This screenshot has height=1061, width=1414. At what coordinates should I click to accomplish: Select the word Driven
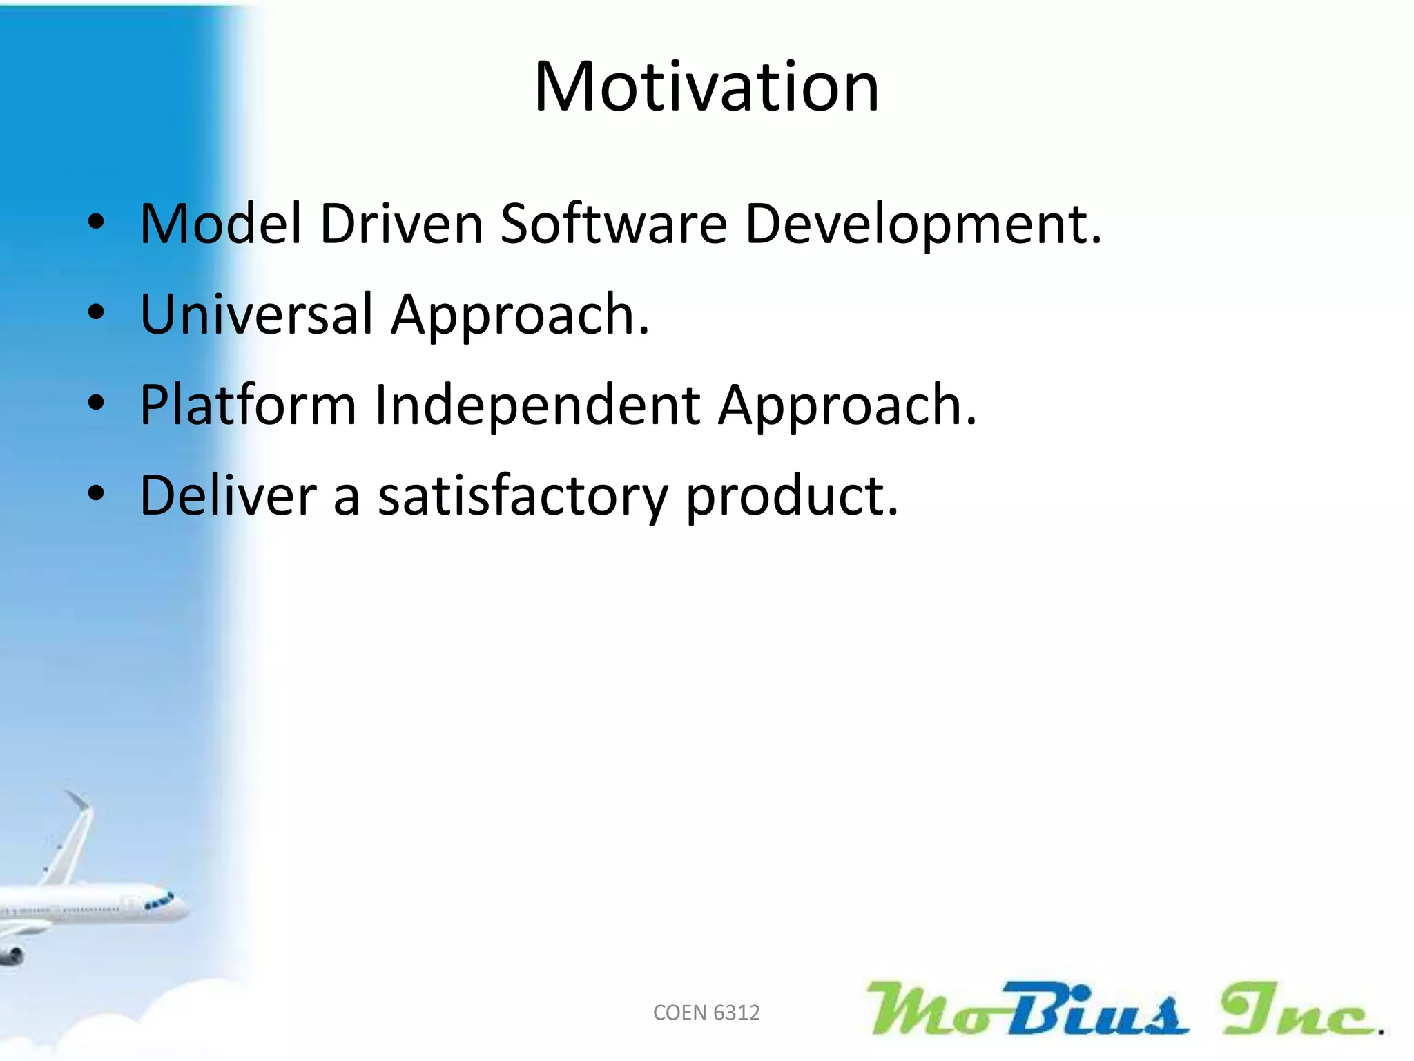[x=401, y=224]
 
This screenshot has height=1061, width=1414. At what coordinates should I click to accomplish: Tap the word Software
[x=614, y=224]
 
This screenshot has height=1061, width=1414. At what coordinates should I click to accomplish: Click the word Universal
[x=256, y=314]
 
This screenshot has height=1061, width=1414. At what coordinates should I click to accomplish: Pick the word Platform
[x=248, y=405]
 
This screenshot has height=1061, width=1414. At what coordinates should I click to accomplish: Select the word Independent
[x=538, y=405]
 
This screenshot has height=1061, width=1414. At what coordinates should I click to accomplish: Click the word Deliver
[x=228, y=495]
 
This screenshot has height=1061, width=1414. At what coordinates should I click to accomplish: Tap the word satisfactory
[x=523, y=497]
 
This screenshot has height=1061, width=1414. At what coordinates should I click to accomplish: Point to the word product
[x=791, y=497]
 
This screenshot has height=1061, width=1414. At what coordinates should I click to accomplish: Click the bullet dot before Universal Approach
[x=96, y=312]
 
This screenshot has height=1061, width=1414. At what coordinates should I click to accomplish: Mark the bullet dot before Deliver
[x=96, y=493]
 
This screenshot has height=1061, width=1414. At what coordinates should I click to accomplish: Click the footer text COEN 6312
[x=706, y=1013]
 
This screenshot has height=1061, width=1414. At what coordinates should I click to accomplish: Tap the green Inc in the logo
[x=1298, y=1010]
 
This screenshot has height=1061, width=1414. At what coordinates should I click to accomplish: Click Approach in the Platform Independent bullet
[x=846, y=405]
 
